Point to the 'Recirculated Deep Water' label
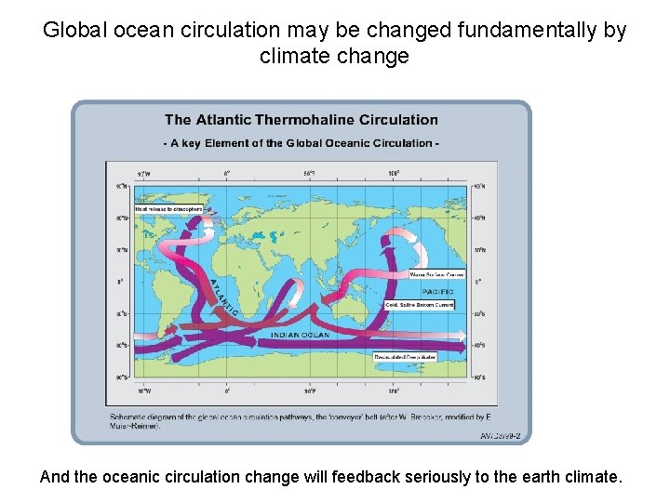405,356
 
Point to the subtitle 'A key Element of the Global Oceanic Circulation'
301,143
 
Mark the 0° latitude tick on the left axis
120,281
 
